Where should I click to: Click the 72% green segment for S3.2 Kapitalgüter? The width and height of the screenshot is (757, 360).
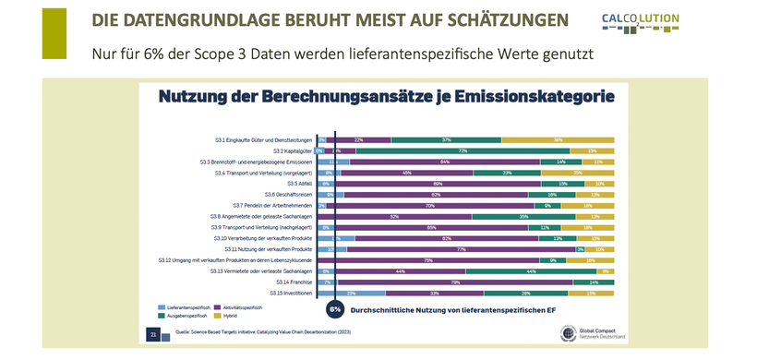(463, 150)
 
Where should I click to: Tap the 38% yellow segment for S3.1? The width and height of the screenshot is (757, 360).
(559, 139)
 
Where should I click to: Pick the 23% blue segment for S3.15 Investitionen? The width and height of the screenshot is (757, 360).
(352, 294)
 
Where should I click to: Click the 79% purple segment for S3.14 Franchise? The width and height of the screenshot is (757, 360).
(455, 282)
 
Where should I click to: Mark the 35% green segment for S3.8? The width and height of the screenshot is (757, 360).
(523, 216)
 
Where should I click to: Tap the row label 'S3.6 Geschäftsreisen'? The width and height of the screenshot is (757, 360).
(288, 194)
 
